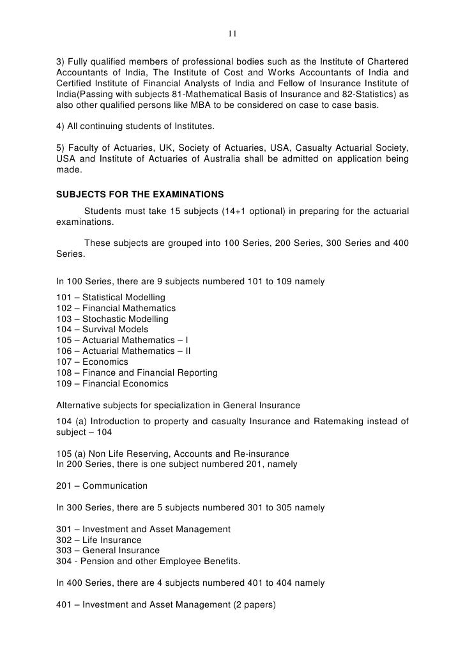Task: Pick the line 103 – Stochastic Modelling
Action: click(112, 319)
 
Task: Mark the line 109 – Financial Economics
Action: click(112, 384)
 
